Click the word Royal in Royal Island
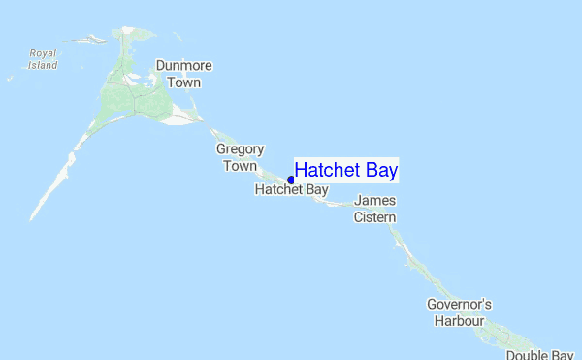click(44, 53)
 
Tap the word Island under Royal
click(43, 65)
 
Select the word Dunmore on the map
click(184, 67)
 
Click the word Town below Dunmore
click(184, 82)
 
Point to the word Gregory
click(240, 149)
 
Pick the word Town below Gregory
click(241, 166)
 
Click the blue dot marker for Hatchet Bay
click(291, 180)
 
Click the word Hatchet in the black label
click(279, 190)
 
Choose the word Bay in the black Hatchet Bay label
click(317, 190)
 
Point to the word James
click(375, 201)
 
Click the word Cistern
click(375, 217)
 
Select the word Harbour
click(459, 320)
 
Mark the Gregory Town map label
click(240, 157)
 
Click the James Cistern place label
click(375, 209)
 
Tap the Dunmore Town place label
click(184, 75)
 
